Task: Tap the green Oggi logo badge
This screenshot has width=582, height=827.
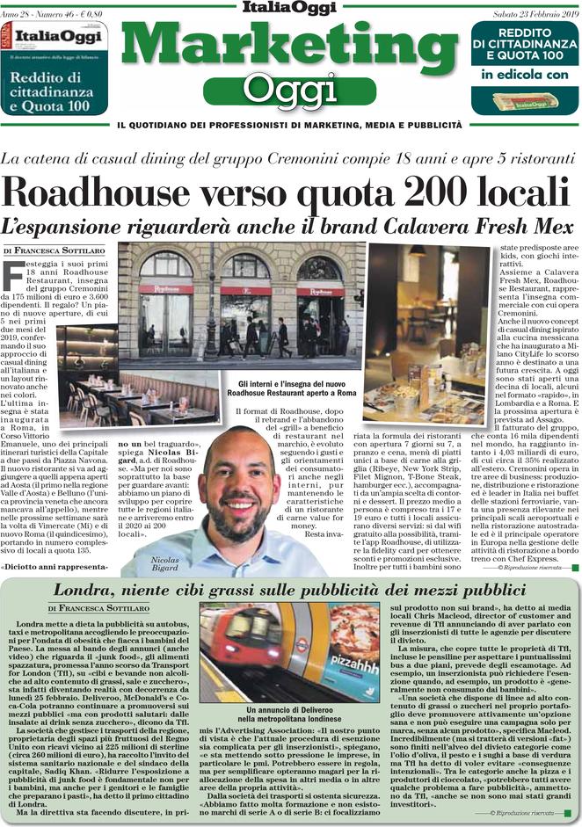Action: tap(290, 88)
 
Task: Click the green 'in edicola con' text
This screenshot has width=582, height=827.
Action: tap(525, 76)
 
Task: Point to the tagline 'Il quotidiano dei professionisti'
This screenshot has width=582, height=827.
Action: tap(290, 127)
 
